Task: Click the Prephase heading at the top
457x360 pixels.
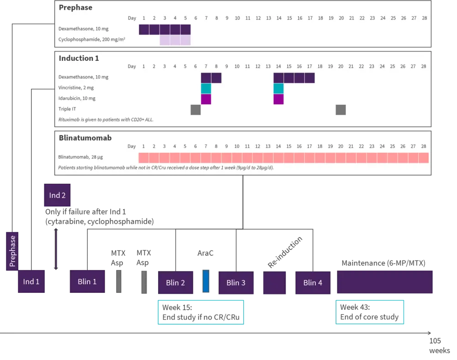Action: coord(75,7)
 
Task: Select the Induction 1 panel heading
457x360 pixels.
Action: coord(79,58)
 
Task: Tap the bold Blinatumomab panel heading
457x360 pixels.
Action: coord(85,138)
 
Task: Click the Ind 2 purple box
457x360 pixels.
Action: coord(57,195)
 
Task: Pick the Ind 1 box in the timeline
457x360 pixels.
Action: coord(31,281)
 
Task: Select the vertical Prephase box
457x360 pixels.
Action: coord(12,251)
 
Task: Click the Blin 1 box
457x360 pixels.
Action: coord(87,281)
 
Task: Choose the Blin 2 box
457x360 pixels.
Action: coord(175,283)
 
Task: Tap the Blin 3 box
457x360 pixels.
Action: coord(236,283)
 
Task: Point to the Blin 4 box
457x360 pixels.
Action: coord(313,283)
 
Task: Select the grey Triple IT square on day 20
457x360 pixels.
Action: coord(340,110)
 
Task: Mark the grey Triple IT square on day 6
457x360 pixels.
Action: coord(196,110)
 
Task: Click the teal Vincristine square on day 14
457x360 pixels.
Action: coord(278,88)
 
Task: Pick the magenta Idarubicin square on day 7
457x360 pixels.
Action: coord(206,99)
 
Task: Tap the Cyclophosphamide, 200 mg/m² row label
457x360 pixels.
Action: coord(92,40)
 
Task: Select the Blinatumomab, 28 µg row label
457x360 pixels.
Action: coord(80,157)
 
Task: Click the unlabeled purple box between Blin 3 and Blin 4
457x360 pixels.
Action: coord(274,283)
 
